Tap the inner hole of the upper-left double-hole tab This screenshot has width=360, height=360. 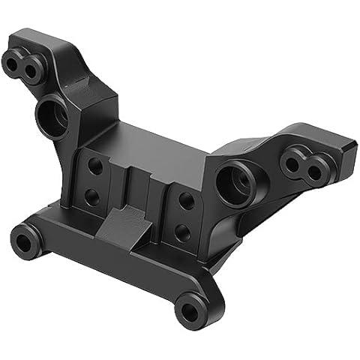click(x=31, y=70)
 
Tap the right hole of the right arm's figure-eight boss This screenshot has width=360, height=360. click(x=316, y=172)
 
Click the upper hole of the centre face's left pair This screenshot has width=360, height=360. click(x=95, y=166)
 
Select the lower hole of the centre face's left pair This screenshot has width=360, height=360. click(x=91, y=196)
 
